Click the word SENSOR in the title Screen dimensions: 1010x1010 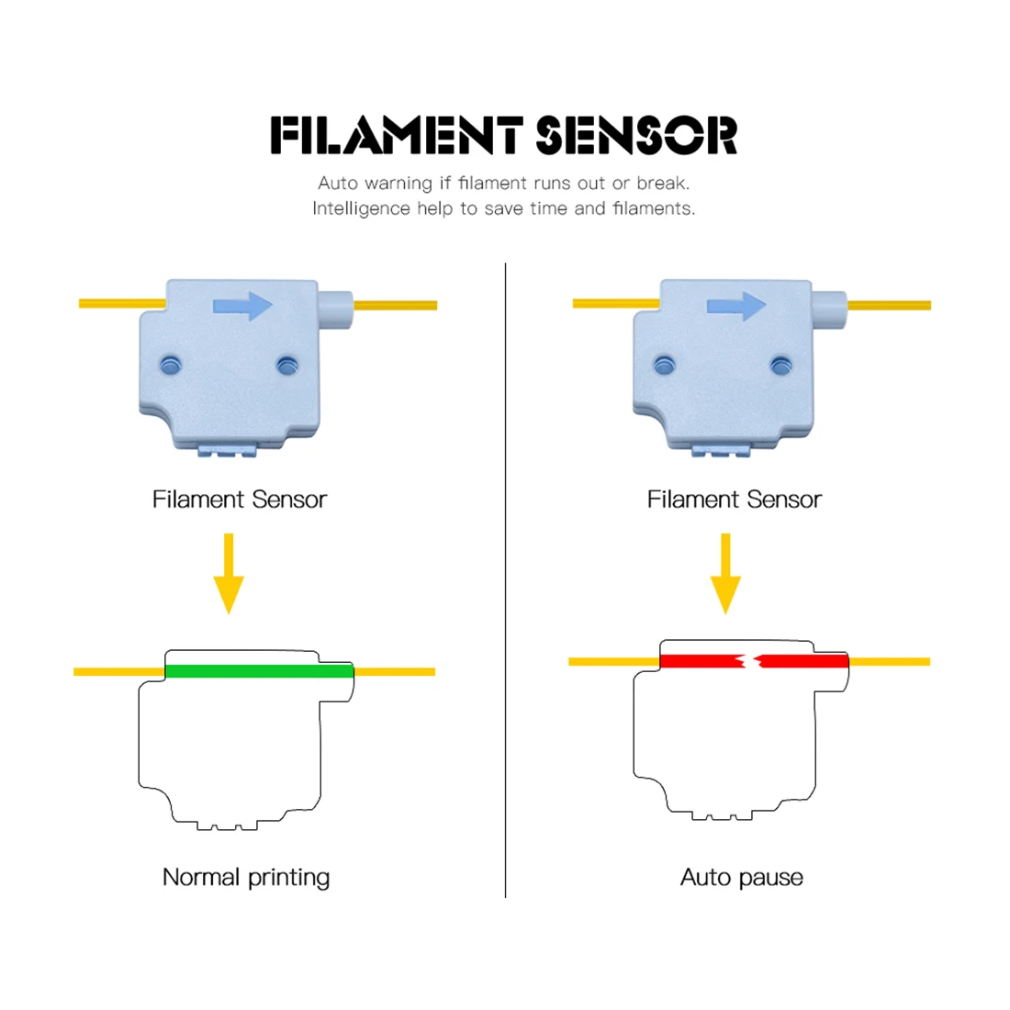pos(636,135)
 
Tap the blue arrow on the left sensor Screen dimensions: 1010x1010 pos(243,307)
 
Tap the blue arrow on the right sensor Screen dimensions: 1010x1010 pos(736,306)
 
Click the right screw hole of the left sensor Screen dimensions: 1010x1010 pos(286,365)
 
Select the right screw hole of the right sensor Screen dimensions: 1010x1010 pos(780,365)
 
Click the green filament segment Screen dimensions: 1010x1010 pos(259,671)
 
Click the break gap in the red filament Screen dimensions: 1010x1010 pos(749,660)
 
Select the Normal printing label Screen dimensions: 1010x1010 pos(246,877)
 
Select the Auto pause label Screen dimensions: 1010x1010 pos(742,877)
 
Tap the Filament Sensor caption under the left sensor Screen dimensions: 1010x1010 pos(240,499)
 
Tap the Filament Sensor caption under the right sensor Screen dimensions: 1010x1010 pos(735,499)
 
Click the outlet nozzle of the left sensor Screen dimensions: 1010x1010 pos(336,305)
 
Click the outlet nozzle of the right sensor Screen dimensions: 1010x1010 pos(830,305)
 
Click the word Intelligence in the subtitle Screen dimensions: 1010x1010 pos(361,208)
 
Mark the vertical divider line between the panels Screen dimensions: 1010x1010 pos(506,578)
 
